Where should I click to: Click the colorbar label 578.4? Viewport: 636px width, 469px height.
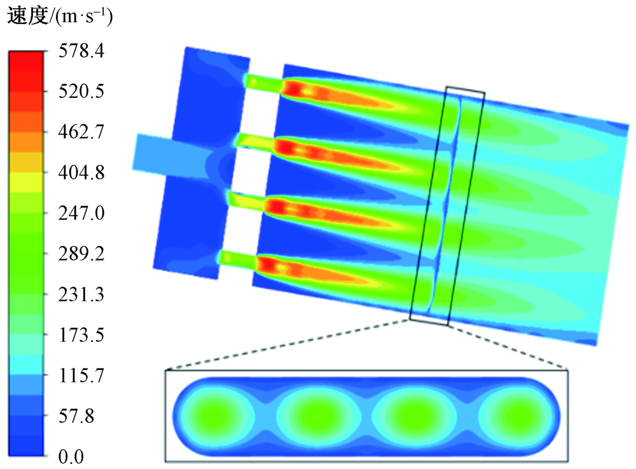click(81, 51)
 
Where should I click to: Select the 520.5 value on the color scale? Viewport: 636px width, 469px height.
click(81, 92)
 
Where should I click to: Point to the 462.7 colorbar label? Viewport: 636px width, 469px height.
click(81, 132)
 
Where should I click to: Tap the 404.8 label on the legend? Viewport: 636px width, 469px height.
click(81, 173)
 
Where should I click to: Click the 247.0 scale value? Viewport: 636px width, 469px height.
click(81, 213)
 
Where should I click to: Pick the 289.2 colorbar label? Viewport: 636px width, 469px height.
click(81, 254)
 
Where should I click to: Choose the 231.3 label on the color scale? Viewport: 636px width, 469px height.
click(81, 294)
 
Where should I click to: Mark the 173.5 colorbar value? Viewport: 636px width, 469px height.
click(81, 335)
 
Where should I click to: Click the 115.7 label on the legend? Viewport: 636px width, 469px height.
click(81, 376)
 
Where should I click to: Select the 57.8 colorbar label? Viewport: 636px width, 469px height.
click(76, 416)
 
